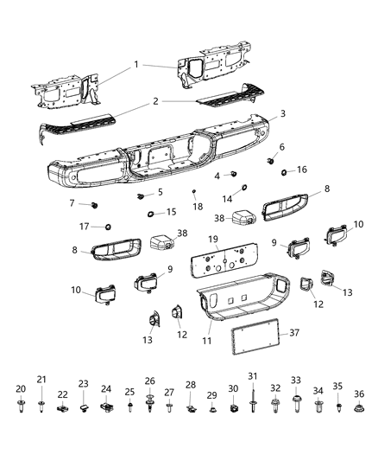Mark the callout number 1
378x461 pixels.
[135, 66]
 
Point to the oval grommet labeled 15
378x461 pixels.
[150, 213]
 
